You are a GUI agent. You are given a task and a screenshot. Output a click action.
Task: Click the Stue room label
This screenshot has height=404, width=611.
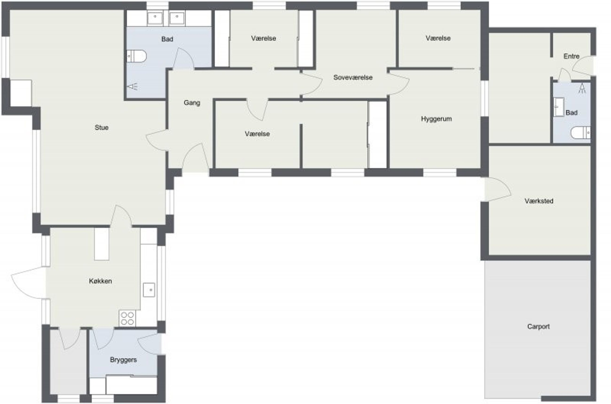(x=101, y=128)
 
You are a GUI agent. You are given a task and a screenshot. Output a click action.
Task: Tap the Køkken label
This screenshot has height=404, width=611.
(x=100, y=281)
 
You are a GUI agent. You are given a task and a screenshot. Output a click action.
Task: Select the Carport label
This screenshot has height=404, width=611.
(x=538, y=327)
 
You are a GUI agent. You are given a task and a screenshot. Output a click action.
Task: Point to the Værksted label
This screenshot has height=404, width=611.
(x=539, y=201)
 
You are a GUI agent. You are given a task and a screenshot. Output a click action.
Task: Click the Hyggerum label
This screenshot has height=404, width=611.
(x=436, y=119)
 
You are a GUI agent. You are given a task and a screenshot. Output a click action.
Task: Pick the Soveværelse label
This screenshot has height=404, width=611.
(x=353, y=77)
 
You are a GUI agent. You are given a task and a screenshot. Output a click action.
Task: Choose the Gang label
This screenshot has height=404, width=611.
(x=192, y=103)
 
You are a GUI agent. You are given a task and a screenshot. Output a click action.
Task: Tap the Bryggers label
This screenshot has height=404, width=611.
(x=123, y=360)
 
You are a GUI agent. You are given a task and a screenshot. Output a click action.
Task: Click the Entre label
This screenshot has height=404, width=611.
(x=571, y=56)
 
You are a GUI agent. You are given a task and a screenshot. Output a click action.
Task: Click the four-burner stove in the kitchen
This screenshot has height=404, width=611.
(x=128, y=318)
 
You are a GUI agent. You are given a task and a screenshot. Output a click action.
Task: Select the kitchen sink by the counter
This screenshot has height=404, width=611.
(x=149, y=290)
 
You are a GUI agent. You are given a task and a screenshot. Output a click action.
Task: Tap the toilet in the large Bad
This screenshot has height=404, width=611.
(x=136, y=56)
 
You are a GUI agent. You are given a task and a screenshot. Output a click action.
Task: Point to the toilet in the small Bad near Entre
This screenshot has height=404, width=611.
(x=581, y=133)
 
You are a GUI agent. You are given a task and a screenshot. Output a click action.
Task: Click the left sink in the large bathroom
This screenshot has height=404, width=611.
(x=155, y=18)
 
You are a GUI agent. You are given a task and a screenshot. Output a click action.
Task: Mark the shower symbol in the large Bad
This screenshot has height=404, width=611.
(x=132, y=87)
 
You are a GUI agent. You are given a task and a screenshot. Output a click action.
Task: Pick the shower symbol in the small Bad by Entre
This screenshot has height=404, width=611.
(x=582, y=89)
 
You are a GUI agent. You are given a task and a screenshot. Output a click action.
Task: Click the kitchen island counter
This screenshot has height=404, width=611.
(x=102, y=244)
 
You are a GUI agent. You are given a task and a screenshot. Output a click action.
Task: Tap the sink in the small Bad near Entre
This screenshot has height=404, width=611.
(x=559, y=107)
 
